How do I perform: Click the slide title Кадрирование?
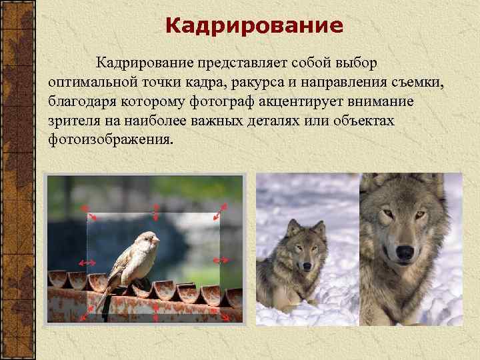click(x=253, y=26)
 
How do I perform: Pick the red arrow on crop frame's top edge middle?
click(x=155, y=211)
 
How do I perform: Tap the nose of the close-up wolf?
click(x=403, y=252)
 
